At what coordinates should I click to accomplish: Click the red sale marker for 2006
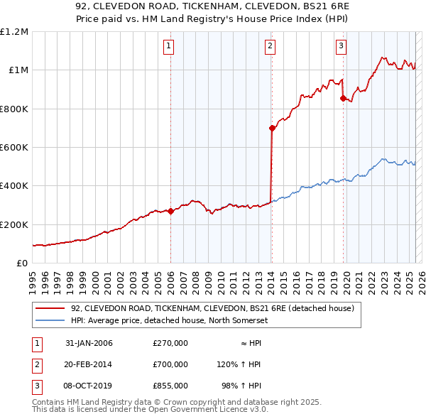click(171, 211)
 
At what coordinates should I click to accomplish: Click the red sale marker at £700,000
click(272, 128)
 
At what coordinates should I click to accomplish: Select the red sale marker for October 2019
click(343, 98)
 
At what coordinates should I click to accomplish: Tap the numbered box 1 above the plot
click(169, 47)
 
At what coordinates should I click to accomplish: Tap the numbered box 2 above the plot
click(271, 47)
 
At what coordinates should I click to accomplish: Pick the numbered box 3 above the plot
click(341, 47)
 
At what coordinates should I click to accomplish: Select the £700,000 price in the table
click(170, 364)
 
